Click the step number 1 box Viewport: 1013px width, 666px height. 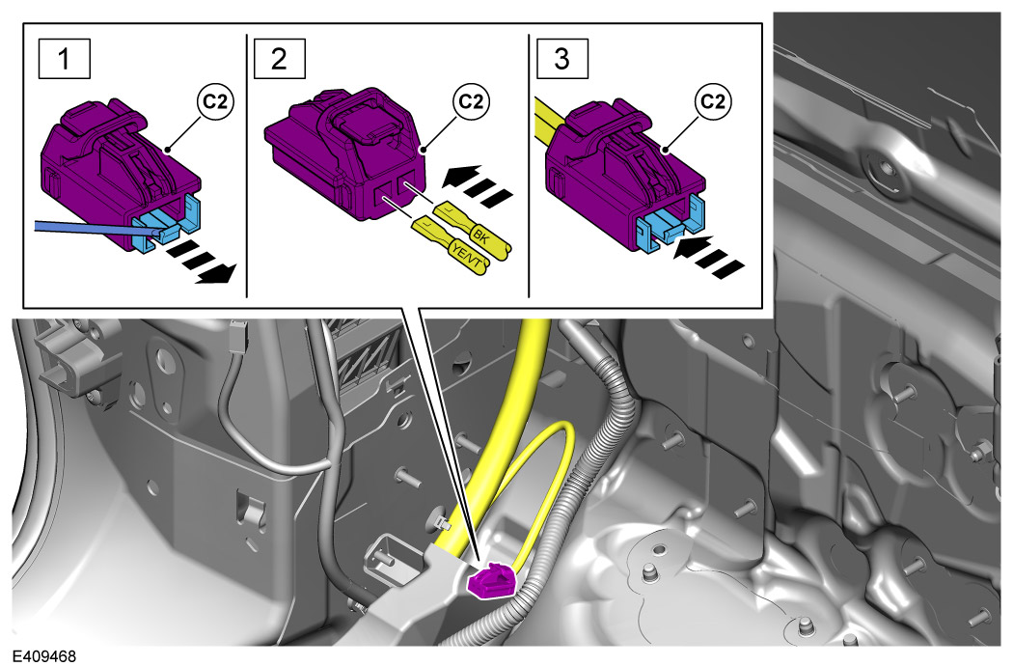pyautogui.click(x=64, y=59)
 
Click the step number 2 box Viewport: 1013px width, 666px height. pyautogui.click(x=279, y=59)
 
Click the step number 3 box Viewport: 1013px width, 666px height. pyautogui.click(x=562, y=59)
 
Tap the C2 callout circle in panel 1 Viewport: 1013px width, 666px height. pyautogui.click(x=215, y=102)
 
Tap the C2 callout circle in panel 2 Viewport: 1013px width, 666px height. pyautogui.click(x=471, y=102)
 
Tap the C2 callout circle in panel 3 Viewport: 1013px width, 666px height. pyautogui.click(x=713, y=102)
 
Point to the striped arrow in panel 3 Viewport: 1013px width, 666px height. pyautogui.click(x=708, y=255)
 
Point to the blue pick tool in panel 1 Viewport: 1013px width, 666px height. pyautogui.click(x=96, y=227)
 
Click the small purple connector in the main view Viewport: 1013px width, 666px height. pyautogui.click(x=492, y=581)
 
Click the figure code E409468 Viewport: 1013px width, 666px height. pyautogui.click(x=44, y=656)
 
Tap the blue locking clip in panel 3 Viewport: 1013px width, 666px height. pyautogui.click(x=669, y=227)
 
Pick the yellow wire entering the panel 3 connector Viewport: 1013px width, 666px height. pyautogui.click(x=552, y=121)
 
